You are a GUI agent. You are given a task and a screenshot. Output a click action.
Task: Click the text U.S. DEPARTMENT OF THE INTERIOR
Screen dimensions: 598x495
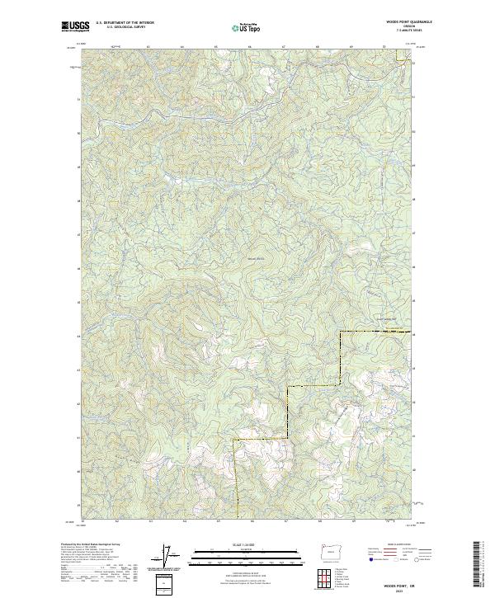pyautogui.click(x=125, y=23)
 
